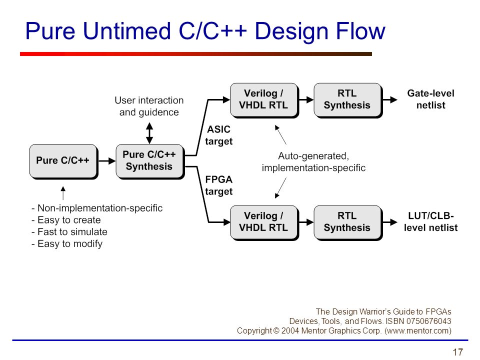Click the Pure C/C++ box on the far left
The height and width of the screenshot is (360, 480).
coord(63,161)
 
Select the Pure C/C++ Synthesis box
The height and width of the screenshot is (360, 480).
coord(150,161)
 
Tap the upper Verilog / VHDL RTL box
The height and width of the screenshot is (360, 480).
coord(264,100)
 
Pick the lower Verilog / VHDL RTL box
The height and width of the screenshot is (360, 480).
coord(264,222)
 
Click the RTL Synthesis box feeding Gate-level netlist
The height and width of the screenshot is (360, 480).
coord(348,100)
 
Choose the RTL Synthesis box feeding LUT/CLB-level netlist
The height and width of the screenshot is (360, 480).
coord(348,222)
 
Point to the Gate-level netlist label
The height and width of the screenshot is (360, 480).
coord(430,99)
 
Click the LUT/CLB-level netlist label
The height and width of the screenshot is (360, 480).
coord(430,221)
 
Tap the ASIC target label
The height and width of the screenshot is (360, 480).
coord(219,135)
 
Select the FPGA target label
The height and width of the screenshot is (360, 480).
coord(219,185)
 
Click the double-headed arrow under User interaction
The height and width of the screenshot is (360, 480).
coord(149,133)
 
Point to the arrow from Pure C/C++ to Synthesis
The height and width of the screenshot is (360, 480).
coord(107,161)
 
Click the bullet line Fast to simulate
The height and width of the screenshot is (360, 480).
coord(69,231)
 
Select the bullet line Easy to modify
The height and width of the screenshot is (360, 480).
coord(67,243)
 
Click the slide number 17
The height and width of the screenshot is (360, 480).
coord(457,352)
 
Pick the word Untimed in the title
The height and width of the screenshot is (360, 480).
coord(126,31)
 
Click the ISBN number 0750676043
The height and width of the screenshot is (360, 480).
coord(428,321)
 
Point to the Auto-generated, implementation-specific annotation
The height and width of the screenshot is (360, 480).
coord(313,162)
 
